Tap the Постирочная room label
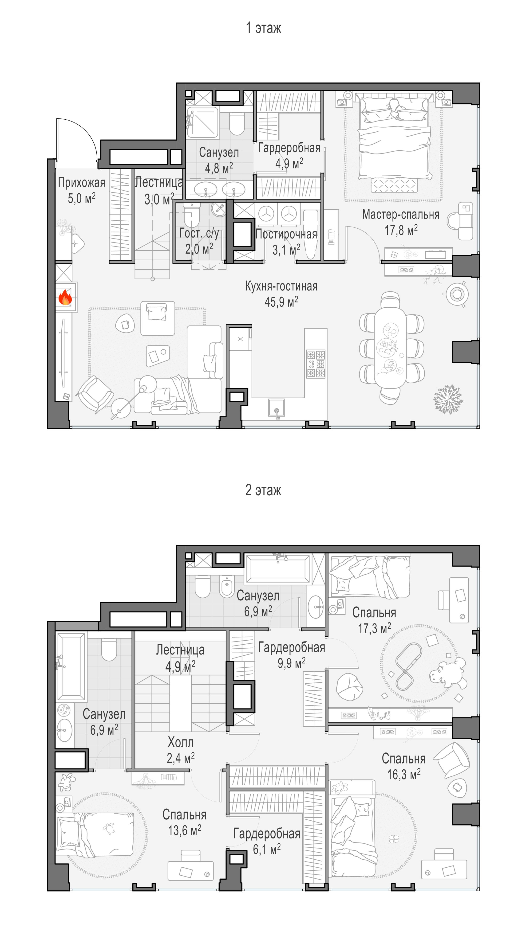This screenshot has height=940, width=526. pos(286,234)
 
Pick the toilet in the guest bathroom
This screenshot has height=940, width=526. pos(191,215)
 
